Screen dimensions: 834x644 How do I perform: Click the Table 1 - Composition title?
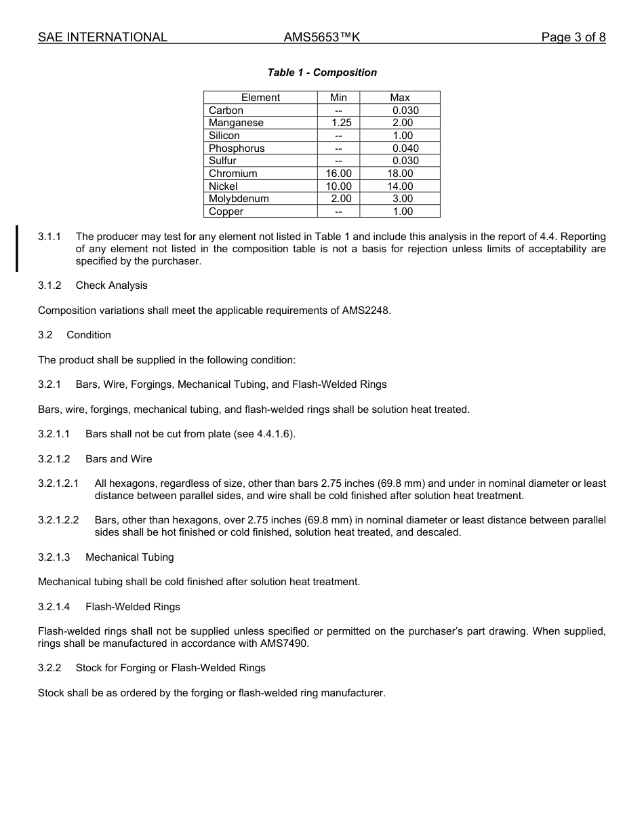[x=322, y=73]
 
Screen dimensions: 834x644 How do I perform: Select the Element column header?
[x=260, y=98]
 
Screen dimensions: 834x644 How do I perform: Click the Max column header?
[x=399, y=98]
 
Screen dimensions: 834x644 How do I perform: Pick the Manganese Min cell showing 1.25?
[x=338, y=123]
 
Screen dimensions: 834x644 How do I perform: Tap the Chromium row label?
[x=233, y=174]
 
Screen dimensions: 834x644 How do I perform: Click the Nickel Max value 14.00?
[x=399, y=186]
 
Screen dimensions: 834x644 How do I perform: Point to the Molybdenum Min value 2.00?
[x=341, y=199]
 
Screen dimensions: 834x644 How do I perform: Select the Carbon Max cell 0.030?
[x=405, y=111]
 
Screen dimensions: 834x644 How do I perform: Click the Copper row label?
[x=226, y=212]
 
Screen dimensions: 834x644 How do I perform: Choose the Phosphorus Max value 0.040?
[x=405, y=148]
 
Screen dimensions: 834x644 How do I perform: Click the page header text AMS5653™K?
[x=321, y=37]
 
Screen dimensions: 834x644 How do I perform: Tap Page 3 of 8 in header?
[x=573, y=37]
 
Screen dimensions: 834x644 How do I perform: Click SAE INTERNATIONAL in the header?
[x=102, y=37]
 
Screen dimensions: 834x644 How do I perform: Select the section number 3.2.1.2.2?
[x=58, y=520]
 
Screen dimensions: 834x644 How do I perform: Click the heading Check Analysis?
[x=111, y=285]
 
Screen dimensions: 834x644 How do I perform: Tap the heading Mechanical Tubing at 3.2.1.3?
[x=129, y=557]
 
